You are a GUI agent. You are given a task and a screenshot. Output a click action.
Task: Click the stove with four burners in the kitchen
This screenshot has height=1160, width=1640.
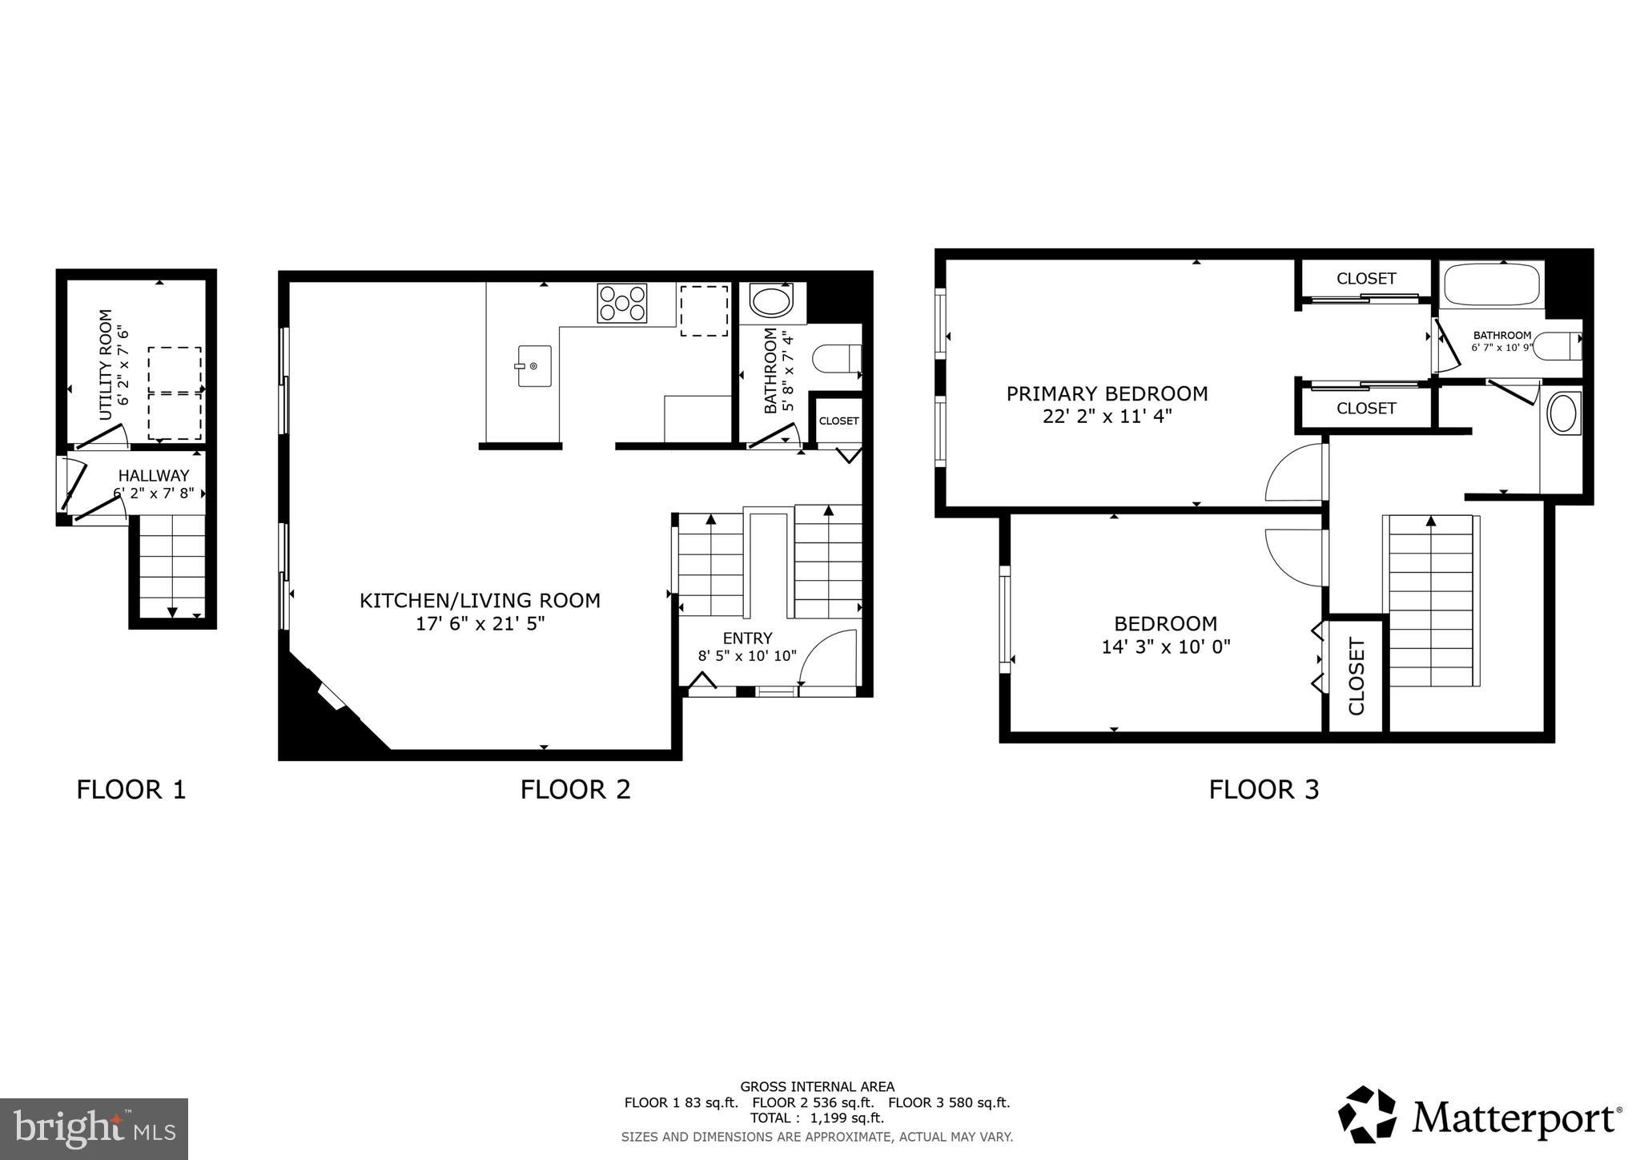(x=621, y=304)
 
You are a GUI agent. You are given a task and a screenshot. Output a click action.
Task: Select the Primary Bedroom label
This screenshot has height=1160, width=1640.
(x=1107, y=394)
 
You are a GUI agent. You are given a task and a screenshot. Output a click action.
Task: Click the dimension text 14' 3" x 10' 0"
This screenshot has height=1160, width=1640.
(x=1165, y=646)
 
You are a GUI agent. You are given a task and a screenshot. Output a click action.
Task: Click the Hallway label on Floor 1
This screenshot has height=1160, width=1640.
(x=154, y=476)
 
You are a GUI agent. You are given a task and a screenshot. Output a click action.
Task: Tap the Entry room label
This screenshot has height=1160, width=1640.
(x=747, y=638)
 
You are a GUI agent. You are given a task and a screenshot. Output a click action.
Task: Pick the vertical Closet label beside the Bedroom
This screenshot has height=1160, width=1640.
(x=1356, y=676)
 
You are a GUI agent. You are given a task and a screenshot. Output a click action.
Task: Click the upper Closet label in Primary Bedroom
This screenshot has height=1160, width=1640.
(x=1366, y=279)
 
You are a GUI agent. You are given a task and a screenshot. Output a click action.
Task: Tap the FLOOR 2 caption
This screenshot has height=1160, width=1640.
(x=575, y=790)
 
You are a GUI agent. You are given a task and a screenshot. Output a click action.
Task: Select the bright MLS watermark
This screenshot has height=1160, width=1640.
(x=94, y=1129)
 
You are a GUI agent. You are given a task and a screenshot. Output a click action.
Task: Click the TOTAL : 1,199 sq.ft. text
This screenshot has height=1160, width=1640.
(x=817, y=1118)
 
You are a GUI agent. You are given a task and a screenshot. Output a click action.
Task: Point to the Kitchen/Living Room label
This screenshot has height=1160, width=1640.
(x=480, y=601)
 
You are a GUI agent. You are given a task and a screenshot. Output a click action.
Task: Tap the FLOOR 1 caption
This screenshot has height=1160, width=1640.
(x=131, y=790)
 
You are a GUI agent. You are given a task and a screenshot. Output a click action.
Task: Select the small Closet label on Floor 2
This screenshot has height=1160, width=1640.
(x=838, y=421)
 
